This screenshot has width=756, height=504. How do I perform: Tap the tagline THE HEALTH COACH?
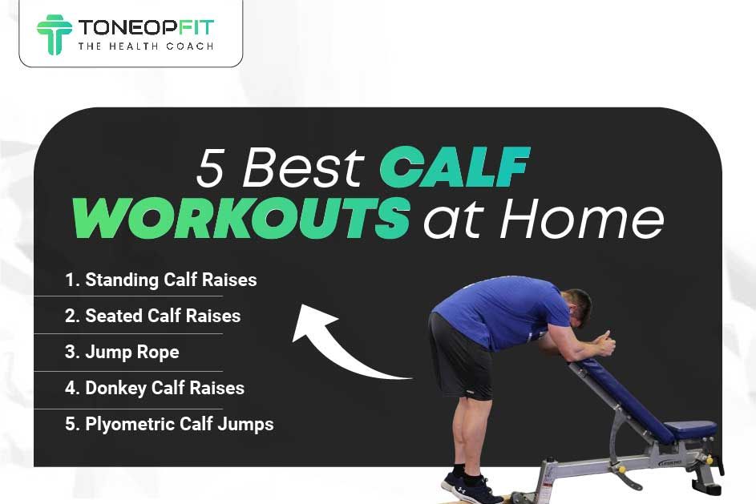point(145,46)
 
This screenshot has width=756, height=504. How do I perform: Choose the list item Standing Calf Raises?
point(161,280)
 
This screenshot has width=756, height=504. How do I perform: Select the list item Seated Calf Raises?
point(152,316)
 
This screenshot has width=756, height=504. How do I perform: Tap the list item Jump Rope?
point(122,352)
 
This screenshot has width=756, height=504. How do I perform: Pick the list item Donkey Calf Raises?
point(155,388)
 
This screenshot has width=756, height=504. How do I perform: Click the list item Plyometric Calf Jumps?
point(169,424)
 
